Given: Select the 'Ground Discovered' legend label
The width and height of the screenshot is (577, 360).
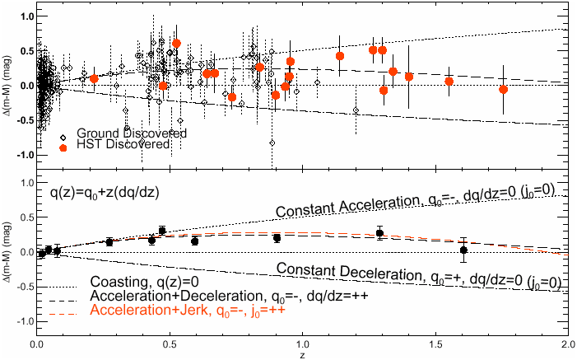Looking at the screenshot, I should tap(131, 133).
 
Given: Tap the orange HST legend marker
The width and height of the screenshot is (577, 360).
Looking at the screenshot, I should tap(63, 147).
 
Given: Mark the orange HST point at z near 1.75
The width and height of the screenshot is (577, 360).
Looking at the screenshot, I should tap(503, 89).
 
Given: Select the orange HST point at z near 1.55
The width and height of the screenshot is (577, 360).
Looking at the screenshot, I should tap(449, 81).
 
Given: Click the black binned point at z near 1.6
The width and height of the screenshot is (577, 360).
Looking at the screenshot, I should tap(463, 250).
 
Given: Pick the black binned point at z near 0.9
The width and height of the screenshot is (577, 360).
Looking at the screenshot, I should tap(277, 238).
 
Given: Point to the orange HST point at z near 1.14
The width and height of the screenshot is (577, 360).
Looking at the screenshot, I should tap(340, 56).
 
